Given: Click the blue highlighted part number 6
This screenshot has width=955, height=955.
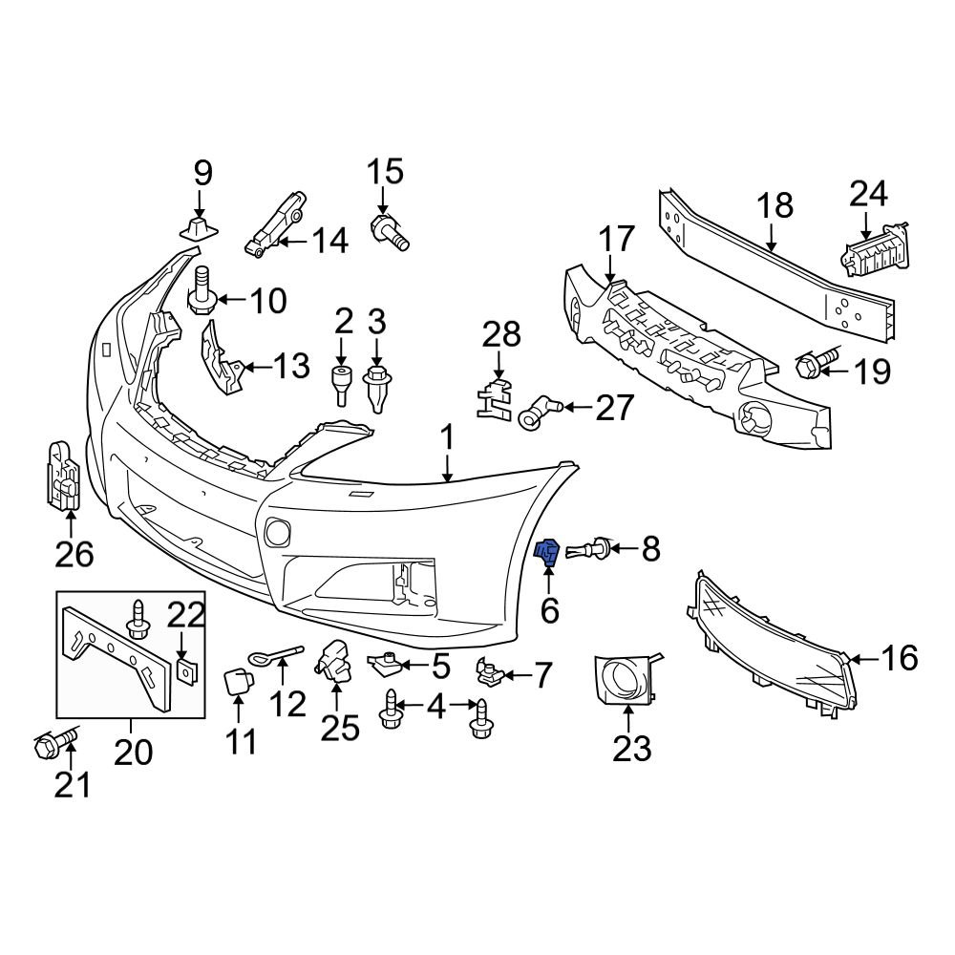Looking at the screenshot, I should coord(547,551).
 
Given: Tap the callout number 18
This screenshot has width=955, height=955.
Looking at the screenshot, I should coord(775,207).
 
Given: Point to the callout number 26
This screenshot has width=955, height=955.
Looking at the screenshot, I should coord(74,553).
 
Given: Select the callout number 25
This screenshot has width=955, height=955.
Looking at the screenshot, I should coord(339,728).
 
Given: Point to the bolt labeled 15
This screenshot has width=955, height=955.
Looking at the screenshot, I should coord(389,232).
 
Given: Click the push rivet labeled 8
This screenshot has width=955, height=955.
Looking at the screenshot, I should coord(588,550).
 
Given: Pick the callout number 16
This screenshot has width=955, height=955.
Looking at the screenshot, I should coord(899,658).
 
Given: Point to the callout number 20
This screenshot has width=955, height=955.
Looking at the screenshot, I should coord(133,753).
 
